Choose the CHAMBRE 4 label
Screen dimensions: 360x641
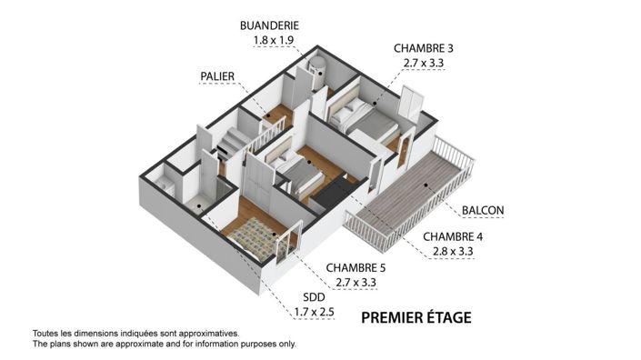453,236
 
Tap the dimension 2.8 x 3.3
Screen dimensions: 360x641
453,251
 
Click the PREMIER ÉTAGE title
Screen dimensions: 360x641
416,317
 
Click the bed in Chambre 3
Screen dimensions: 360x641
365,119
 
